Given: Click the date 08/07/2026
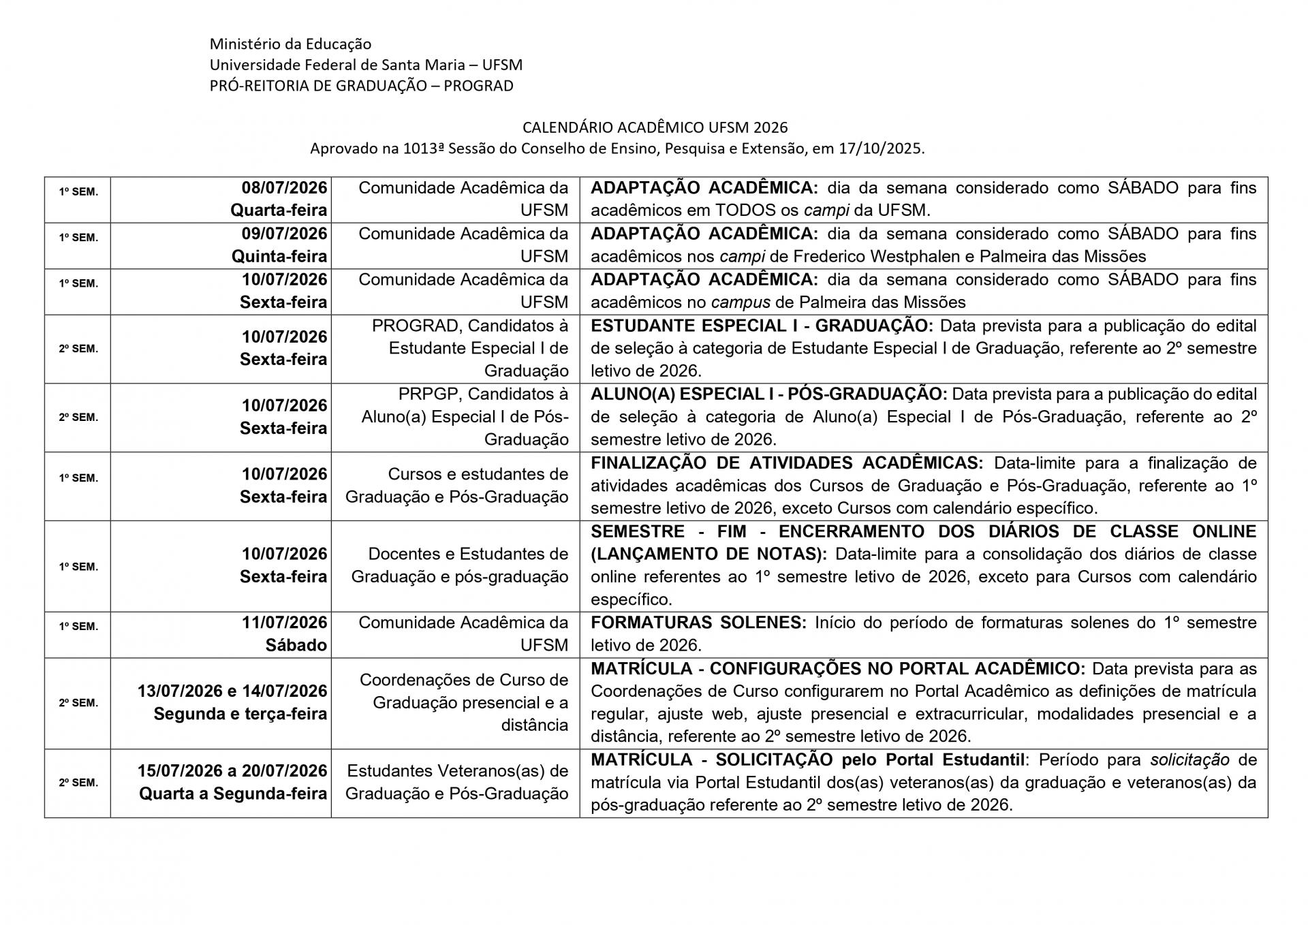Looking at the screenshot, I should point(284,188).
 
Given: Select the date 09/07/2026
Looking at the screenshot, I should point(284,234).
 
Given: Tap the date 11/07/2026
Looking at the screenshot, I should point(284,623).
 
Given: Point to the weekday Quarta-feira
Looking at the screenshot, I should point(279,210).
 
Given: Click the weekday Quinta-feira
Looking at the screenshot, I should point(279,256).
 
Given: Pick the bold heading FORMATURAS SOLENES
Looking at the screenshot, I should point(698,623).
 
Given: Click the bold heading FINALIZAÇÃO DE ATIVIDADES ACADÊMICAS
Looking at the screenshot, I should point(787,463).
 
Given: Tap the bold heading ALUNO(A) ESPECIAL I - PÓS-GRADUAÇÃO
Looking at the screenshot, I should point(768,394).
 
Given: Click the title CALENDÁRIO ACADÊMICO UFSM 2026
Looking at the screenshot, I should point(655,127).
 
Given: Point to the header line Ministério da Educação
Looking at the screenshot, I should point(290,44).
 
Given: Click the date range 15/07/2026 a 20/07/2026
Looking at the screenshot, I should point(232,771).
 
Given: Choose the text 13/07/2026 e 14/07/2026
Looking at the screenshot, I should point(232,691).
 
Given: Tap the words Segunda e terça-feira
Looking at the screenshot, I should point(240,714).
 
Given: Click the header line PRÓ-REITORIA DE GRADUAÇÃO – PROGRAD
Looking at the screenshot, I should point(361,86).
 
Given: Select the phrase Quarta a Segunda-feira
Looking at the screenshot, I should point(233,794).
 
